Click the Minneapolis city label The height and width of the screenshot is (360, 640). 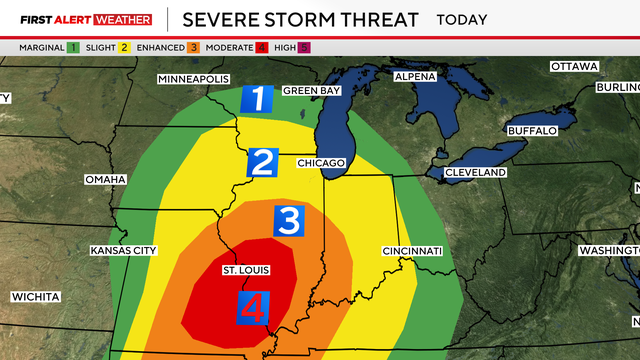tap(194, 79)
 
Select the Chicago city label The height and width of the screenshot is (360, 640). tap(320, 162)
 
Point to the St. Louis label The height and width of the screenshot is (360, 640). tap(244, 270)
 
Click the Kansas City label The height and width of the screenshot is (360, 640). tap(123, 250)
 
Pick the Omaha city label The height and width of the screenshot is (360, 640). tap(105, 179)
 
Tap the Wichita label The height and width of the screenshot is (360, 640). tap(36, 297)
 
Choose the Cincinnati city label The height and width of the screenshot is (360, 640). tap(412, 250)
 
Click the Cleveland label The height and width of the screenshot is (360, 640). tap(477, 172)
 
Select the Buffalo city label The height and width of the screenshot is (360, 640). tap(531, 131)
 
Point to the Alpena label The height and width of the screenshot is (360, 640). tap(415, 77)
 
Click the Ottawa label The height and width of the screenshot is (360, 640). tap(574, 66)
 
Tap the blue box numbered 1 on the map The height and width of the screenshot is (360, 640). tap(258, 100)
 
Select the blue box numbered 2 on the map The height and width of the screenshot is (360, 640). tap(263, 162)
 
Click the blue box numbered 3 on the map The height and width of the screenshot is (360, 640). tap(288, 221)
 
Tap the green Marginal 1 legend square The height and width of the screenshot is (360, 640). tap(74, 47)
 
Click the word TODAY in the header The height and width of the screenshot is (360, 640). tap(462, 19)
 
